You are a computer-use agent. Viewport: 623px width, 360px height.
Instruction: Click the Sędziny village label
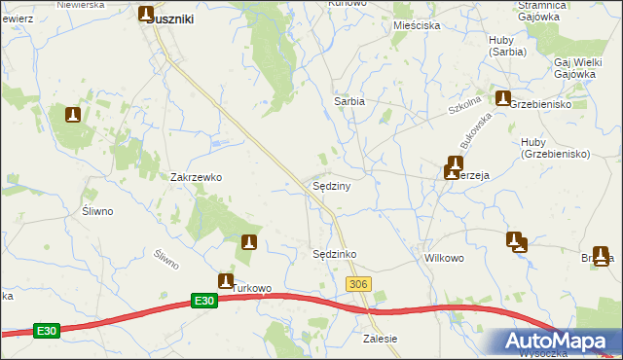[x=331, y=185]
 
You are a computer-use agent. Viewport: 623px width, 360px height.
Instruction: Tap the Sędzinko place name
[x=334, y=254]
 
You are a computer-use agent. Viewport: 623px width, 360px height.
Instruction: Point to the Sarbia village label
[x=349, y=101]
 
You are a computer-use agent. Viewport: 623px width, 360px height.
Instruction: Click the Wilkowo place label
[x=443, y=259]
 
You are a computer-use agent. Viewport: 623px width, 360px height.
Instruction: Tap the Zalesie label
[x=380, y=339]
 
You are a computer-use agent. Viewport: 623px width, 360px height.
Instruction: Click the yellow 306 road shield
[x=358, y=282]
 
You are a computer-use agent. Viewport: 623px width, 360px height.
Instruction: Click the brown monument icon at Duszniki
[x=146, y=15]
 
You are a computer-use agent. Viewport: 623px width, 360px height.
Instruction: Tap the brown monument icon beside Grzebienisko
[x=503, y=98]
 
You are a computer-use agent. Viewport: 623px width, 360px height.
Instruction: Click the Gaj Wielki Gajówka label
[x=574, y=67]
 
